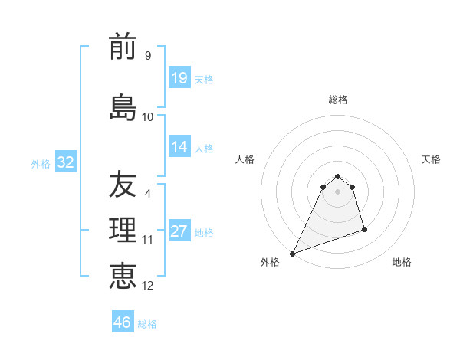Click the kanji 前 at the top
pyautogui.click(x=123, y=47)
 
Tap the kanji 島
pyautogui.click(x=123, y=106)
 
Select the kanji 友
pyautogui.click(x=123, y=184)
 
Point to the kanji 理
pyautogui.click(x=123, y=230)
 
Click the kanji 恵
pyautogui.click(x=123, y=274)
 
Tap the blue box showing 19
pyautogui.click(x=179, y=78)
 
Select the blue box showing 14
pyautogui.click(x=179, y=147)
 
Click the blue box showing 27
pyautogui.click(x=179, y=231)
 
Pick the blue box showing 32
pyautogui.click(x=64, y=162)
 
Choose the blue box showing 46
pyautogui.click(x=123, y=322)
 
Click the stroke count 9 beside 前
pyautogui.click(x=148, y=56)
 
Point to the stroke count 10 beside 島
pyautogui.click(x=148, y=117)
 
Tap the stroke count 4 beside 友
pyautogui.click(x=148, y=194)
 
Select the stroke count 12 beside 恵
pyautogui.click(x=148, y=286)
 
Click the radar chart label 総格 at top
pyautogui.click(x=338, y=100)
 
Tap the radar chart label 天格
pyautogui.click(x=431, y=159)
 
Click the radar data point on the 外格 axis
pyautogui.click(x=292, y=253)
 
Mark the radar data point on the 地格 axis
pyautogui.click(x=364, y=229)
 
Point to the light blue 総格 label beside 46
pyautogui.click(x=147, y=324)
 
